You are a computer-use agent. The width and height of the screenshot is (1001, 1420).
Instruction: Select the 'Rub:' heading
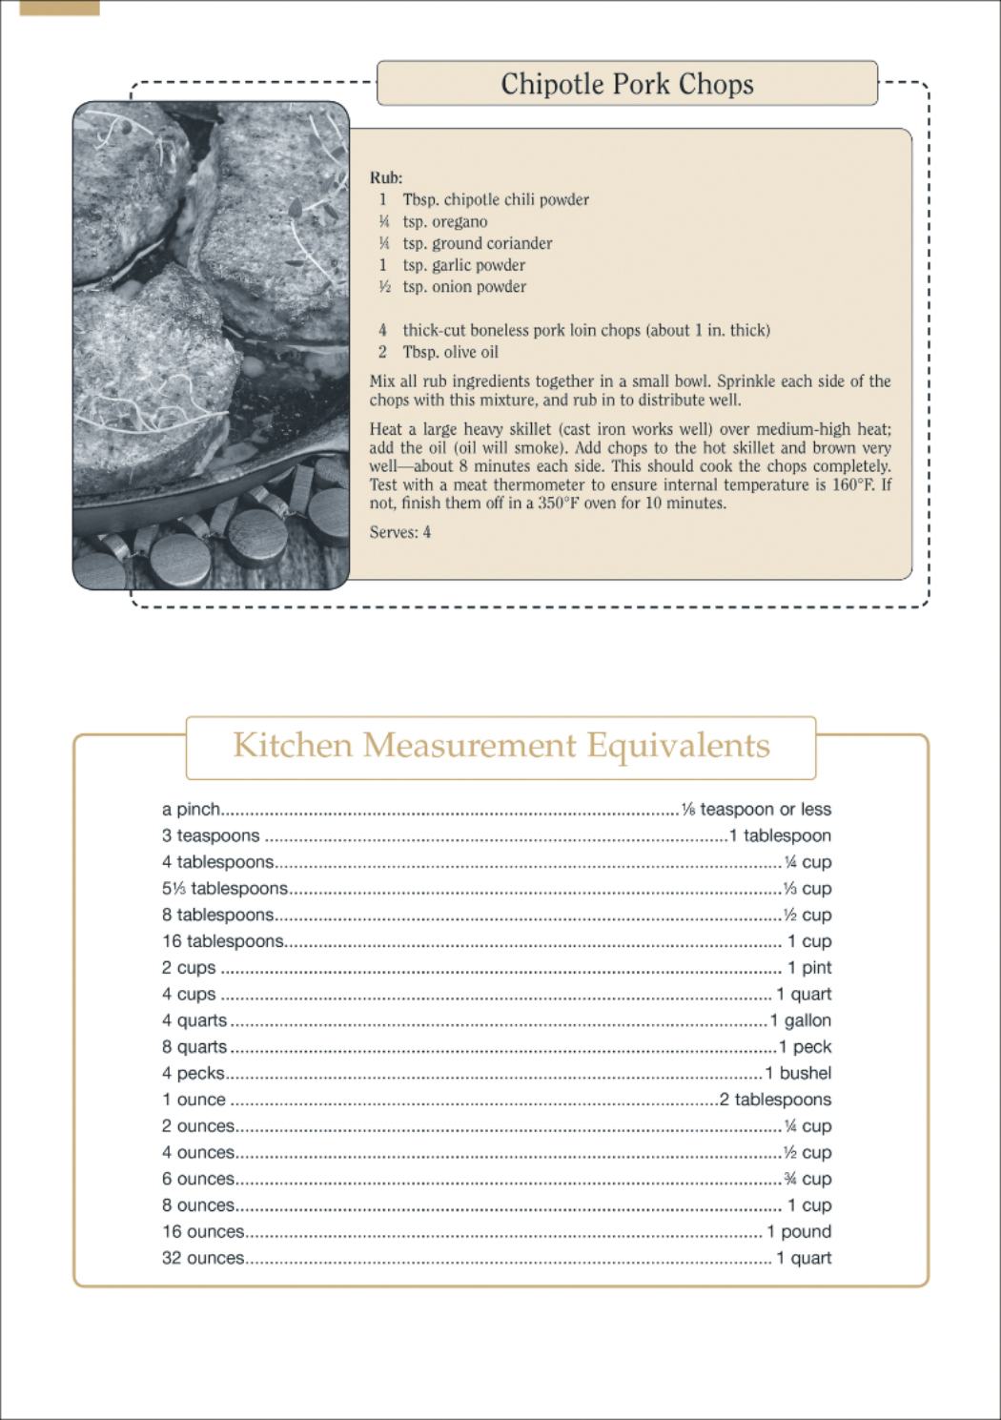click(x=386, y=177)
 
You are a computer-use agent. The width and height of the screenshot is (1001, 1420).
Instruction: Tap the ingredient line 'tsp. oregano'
click(x=445, y=221)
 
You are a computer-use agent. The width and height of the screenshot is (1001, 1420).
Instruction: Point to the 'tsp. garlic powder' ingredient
click(x=463, y=265)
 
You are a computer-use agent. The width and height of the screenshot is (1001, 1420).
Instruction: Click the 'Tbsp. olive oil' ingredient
click(x=450, y=352)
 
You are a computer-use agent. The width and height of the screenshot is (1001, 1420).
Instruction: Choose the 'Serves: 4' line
click(x=400, y=532)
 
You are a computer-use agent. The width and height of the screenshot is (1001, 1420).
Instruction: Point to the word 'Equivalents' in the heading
click(x=678, y=745)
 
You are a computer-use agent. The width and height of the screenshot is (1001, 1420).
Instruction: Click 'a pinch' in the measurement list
click(x=191, y=810)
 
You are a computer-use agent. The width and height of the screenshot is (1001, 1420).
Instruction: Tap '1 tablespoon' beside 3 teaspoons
click(x=780, y=835)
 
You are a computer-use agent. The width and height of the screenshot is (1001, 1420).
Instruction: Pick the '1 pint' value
click(x=808, y=968)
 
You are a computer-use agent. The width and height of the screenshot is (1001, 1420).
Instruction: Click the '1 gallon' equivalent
click(x=801, y=1020)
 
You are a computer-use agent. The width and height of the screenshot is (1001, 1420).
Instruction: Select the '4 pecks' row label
click(x=193, y=1073)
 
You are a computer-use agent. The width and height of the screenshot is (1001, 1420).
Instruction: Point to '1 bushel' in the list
click(x=798, y=1073)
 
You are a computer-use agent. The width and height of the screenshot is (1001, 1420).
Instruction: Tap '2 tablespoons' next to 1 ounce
click(x=775, y=1100)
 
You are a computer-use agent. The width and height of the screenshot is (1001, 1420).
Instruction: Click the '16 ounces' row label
click(x=203, y=1232)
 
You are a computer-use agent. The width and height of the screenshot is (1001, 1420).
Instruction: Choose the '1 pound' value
click(x=799, y=1232)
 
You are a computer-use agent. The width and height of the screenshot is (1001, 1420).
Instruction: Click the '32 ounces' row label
click(x=203, y=1258)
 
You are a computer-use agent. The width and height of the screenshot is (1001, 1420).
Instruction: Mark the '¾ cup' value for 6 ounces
click(x=807, y=1179)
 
